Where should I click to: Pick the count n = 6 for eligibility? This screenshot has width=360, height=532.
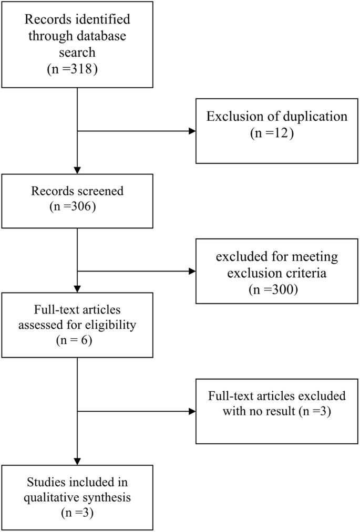[77, 340]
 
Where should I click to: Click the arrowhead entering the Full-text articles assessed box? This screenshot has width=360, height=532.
[77, 288]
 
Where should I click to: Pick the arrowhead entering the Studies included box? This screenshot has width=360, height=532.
[77, 461]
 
